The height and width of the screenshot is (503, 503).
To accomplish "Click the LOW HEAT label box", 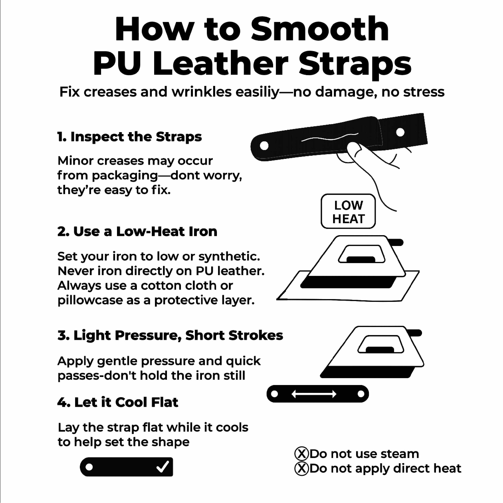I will pyautogui.click(x=348, y=211).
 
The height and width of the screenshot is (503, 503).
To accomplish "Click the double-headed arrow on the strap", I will pyautogui.click(x=314, y=394).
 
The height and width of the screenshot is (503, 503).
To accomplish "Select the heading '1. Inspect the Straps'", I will pyautogui.click(x=129, y=137).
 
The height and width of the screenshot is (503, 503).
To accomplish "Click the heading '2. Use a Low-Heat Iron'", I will pyautogui.click(x=137, y=231).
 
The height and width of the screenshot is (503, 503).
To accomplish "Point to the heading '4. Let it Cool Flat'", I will pyautogui.click(x=118, y=402).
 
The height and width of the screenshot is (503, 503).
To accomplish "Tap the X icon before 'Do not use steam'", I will pyautogui.click(x=301, y=454).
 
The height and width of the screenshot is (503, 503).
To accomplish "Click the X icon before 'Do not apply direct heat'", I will pyautogui.click(x=301, y=468).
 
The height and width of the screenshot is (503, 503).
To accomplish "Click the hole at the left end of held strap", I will pyautogui.click(x=264, y=146).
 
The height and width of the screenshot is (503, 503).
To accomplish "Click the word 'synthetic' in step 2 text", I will pyautogui.click(x=228, y=256).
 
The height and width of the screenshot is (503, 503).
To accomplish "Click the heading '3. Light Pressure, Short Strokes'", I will pyautogui.click(x=170, y=335).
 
